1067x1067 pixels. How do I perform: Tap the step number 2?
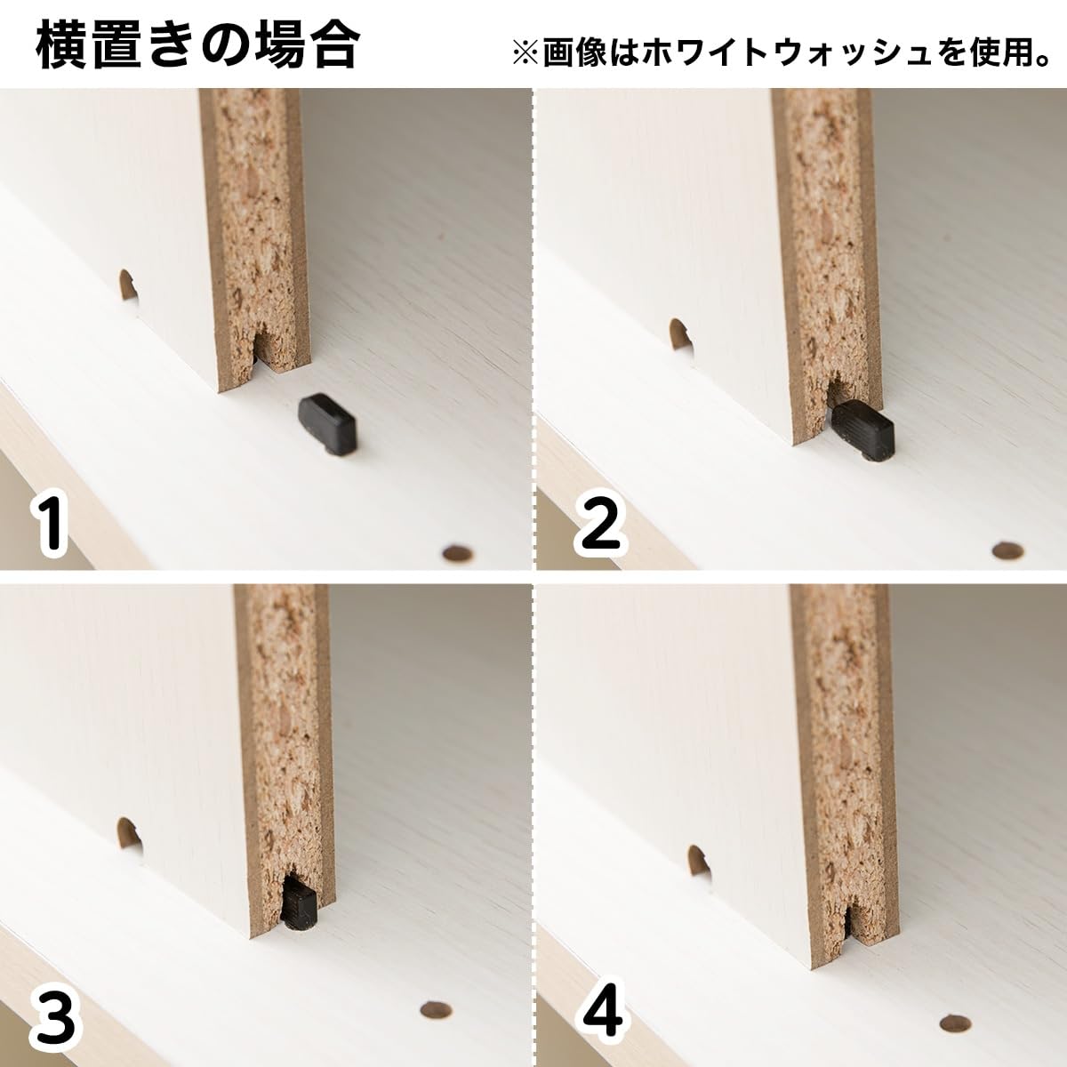click(x=601, y=525)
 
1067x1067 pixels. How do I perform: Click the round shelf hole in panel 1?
click(x=458, y=553)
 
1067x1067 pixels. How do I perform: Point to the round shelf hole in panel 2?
click(x=1007, y=550)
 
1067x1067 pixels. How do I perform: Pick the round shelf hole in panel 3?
click(x=435, y=994)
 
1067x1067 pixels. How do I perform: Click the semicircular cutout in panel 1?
click(x=128, y=285)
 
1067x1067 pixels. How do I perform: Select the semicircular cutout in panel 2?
click(x=680, y=334)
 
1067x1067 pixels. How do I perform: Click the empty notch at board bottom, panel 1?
click(x=262, y=348)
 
